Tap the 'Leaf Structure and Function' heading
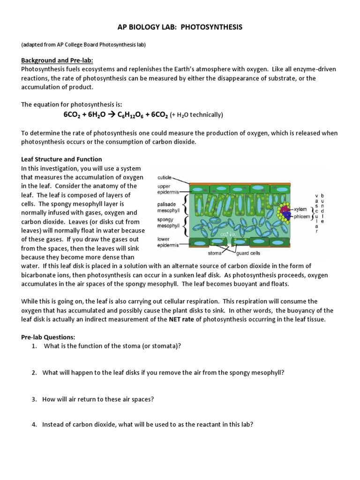(x=61, y=159)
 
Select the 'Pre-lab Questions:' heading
(x=48, y=337)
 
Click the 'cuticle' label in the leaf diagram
(x=165, y=178)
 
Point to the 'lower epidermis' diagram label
(x=166, y=241)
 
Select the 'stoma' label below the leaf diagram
(x=215, y=254)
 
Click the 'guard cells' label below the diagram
(x=248, y=254)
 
